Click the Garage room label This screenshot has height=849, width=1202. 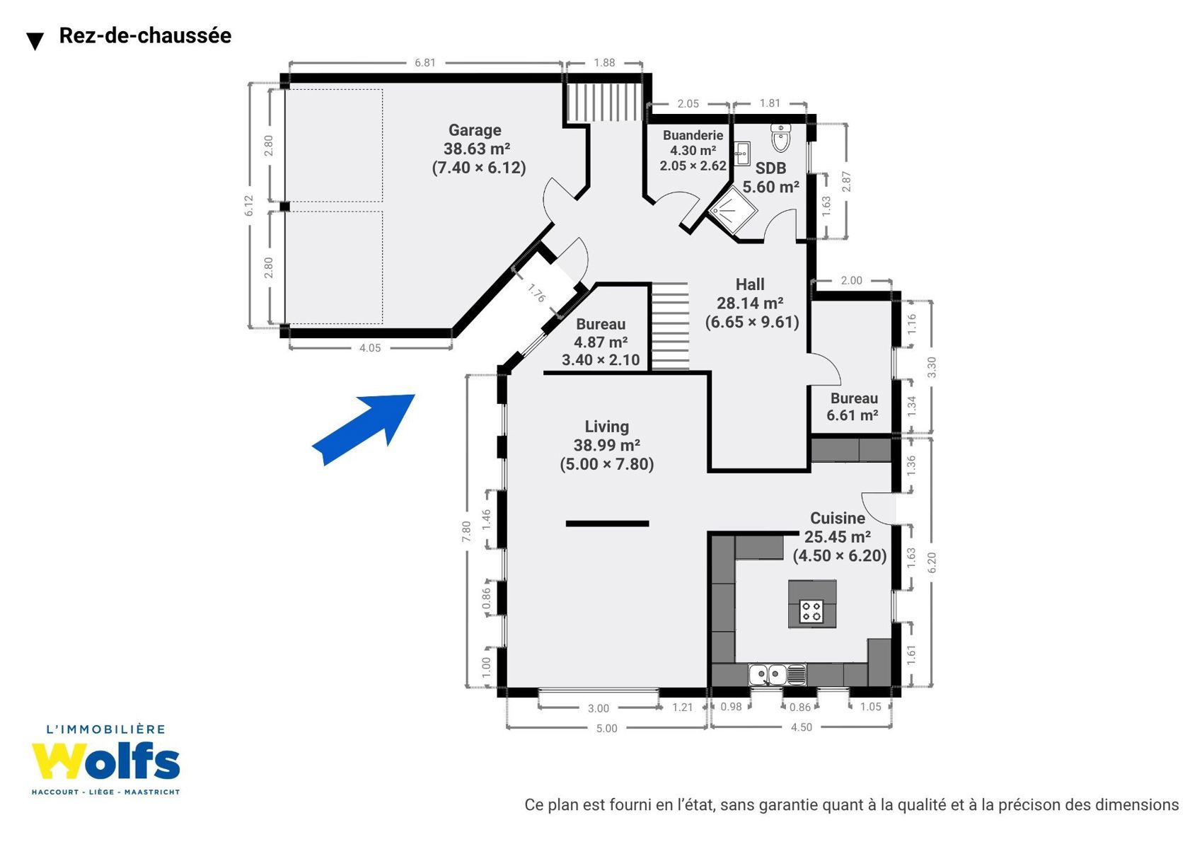pyautogui.click(x=474, y=130)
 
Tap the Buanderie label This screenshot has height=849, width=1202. pyautogui.click(x=692, y=135)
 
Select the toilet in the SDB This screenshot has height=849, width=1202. pyautogui.click(x=781, y=137)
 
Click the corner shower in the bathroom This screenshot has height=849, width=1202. pyautogui.click(x=732, y=210)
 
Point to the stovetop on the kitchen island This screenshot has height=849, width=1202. pyautogui.click(x=811, y=611)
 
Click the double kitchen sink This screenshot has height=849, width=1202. pyautogui.click(x=778, y=674)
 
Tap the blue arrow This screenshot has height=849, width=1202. pyautogui.click(x=363, y=430)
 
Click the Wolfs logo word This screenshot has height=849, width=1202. pyautogui.click(x=105, y=761)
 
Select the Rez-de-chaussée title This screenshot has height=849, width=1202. pyautogui.click(x=145, y=35)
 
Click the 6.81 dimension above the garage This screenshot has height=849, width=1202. pyautogui.click(x=425, y=63)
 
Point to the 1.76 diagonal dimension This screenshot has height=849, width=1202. pyautogui.click(x=536, y=293)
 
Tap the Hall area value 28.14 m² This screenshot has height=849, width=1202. pyautogui.click(x=750, y=304)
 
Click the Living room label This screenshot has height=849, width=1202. pyautogui.click(x=606, y=427)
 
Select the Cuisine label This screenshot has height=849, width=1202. pyautogui.click(x=837, y=518)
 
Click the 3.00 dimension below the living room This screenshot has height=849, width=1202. pyautogui.click(x=599, y=708)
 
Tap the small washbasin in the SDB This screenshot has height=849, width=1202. pyautogui.click(x=742, y=154)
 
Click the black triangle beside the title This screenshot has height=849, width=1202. pyautogui.click(x=35, y=42)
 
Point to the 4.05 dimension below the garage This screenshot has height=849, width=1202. pyautogui.click(x=370, y=348)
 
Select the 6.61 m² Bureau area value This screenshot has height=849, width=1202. pyautogui.click(x=852, y=415)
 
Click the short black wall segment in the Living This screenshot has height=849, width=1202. pyautogui.click(x=608, y=524)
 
